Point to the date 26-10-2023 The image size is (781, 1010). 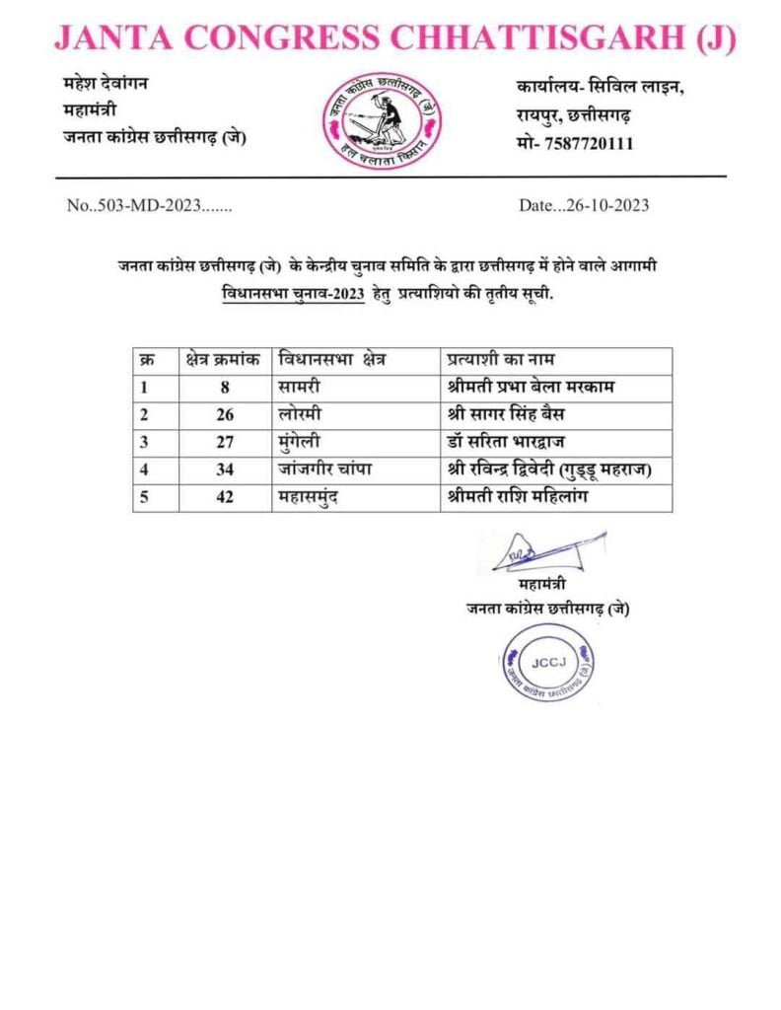584,206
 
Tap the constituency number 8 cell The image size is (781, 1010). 225,388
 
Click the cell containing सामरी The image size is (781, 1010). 301,388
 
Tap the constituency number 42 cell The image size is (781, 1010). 225,497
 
